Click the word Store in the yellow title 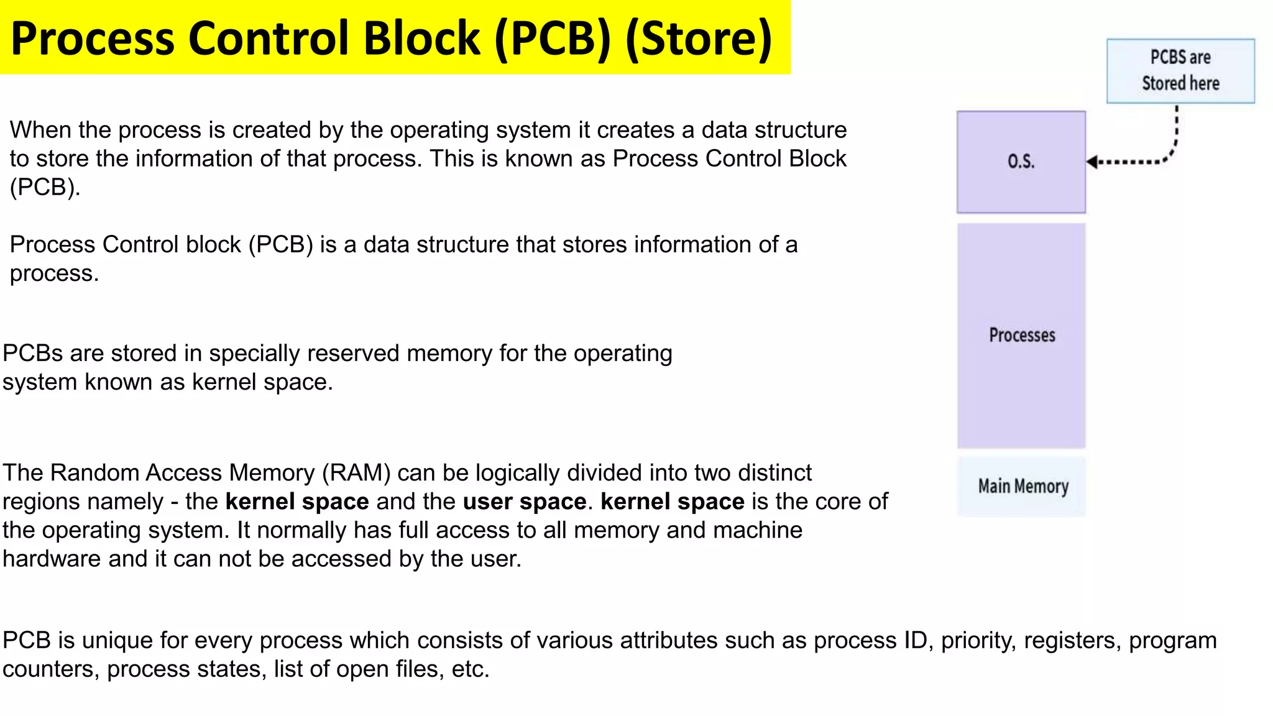[x=698, y=39]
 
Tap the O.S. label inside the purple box [x=1021, y=162]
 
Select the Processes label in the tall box [x=1022, y=335]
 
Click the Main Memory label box [x=1023, y=486]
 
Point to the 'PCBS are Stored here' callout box [x=1180, y=71]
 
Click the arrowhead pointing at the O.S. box [x=1092, y=162]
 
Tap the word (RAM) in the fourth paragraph [x=356, y=473]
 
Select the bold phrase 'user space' [x=524, y=502]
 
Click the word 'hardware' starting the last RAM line [x=52, y=559]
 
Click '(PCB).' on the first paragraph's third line [x=45, y=187]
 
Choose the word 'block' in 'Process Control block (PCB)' [x=213, y=245]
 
